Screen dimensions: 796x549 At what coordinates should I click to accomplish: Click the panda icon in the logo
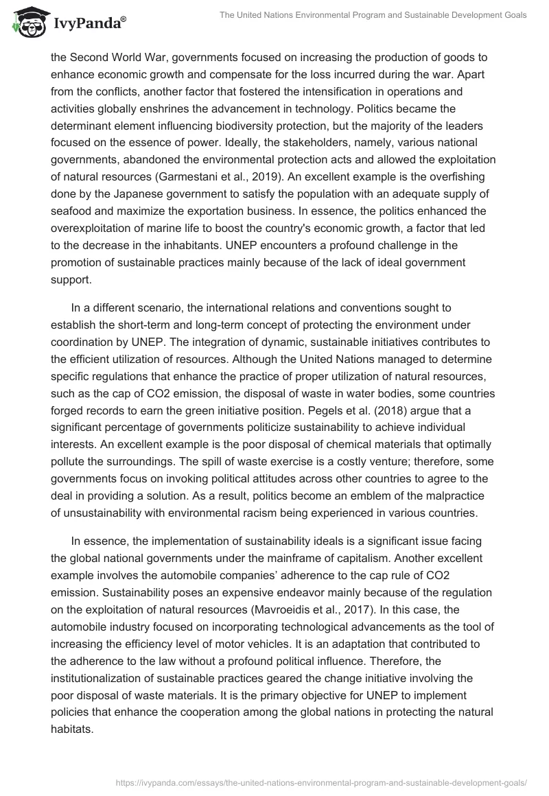[27, 22]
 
